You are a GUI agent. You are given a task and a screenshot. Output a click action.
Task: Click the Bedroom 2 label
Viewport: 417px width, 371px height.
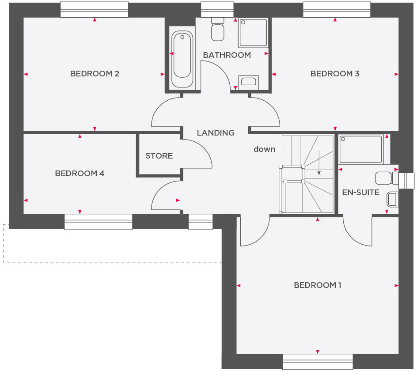95,74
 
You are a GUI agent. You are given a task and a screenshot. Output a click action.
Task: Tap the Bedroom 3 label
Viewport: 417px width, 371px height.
334,74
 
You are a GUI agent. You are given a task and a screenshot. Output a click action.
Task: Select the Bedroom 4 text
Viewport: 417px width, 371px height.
80,174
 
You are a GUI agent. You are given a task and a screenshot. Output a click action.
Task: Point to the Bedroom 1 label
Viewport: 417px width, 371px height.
317,285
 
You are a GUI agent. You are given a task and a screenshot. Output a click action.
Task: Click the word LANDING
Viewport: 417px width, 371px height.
216,132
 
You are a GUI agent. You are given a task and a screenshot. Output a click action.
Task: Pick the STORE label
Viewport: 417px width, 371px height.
159,156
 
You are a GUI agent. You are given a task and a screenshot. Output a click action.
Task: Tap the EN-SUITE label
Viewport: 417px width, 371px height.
360,193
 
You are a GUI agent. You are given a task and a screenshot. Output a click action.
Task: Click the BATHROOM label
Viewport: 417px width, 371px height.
227,55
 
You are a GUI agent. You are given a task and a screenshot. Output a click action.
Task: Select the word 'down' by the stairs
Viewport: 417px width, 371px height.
264,149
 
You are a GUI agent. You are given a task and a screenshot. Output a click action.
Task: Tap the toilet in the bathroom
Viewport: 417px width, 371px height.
218,29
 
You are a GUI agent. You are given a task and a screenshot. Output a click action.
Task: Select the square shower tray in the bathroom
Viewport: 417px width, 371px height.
253,33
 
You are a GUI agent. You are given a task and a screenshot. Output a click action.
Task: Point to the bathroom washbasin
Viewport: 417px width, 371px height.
248,82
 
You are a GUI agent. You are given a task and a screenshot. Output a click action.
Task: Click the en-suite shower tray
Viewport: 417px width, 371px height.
360,149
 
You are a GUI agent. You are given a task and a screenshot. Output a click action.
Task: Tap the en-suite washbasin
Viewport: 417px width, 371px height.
392,199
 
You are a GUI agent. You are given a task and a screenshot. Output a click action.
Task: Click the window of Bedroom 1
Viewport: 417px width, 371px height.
317,361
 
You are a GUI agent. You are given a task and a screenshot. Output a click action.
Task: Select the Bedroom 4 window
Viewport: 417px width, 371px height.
98,221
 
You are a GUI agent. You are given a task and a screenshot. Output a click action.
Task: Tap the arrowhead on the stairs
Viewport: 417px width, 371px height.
319,174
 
